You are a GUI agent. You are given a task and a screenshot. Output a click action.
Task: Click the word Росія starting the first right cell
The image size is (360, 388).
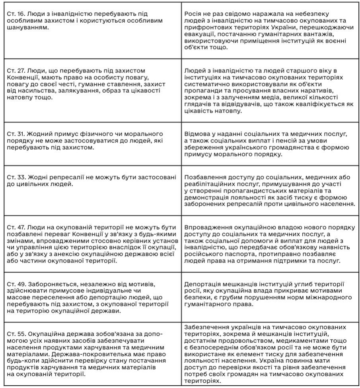(194, 14)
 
